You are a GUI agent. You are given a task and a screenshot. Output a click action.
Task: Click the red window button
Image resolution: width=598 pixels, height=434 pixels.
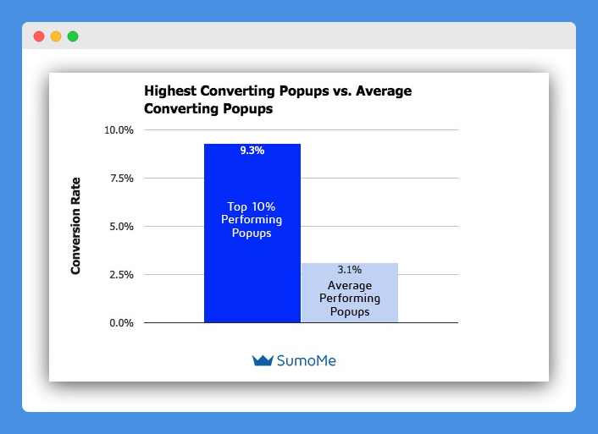[39, 36]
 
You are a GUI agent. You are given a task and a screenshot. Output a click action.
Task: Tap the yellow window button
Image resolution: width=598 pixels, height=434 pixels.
[56, 36]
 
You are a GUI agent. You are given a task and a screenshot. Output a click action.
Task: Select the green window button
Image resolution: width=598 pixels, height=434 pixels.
[73, 36]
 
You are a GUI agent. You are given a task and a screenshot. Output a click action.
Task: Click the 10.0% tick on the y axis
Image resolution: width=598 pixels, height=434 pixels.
[119, 130]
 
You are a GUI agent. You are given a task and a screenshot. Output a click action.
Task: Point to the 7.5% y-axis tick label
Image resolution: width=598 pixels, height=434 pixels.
[122, 179]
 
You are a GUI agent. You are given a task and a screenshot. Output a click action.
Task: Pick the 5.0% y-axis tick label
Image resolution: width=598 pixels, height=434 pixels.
[122, 227]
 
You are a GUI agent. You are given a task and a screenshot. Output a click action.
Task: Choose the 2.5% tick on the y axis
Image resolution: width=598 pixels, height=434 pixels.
[122, 275]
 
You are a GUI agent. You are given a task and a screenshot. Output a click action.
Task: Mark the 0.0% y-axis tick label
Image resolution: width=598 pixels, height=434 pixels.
[122, 323]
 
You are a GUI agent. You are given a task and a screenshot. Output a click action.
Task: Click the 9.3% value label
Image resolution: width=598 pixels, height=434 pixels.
[252, 151]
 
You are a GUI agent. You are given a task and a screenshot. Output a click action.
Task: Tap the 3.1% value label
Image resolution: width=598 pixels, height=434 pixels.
[349, 270]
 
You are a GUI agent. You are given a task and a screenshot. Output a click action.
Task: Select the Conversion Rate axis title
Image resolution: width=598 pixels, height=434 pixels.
[75, 226]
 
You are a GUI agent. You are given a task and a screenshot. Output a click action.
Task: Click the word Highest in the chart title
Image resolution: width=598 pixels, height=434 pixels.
[170, 91]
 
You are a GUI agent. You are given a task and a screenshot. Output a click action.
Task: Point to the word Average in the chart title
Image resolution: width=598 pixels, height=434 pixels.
[384, 91]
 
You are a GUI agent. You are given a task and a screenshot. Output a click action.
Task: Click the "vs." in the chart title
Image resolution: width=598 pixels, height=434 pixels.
[342, 91]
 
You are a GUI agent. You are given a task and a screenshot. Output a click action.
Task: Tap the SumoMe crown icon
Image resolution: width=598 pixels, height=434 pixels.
[263, 360]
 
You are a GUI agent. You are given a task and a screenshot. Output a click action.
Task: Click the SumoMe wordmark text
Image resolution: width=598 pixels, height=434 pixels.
[307, 360]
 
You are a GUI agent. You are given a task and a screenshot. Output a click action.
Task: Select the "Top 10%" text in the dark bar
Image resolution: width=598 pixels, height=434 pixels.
[252, 206]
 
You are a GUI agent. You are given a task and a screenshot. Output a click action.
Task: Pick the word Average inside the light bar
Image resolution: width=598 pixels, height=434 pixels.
[350, 285]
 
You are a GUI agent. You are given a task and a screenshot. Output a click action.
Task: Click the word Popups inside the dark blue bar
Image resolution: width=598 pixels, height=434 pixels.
[252, 233]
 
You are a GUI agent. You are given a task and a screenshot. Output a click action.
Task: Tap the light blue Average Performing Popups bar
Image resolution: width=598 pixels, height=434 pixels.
[350, 293]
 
